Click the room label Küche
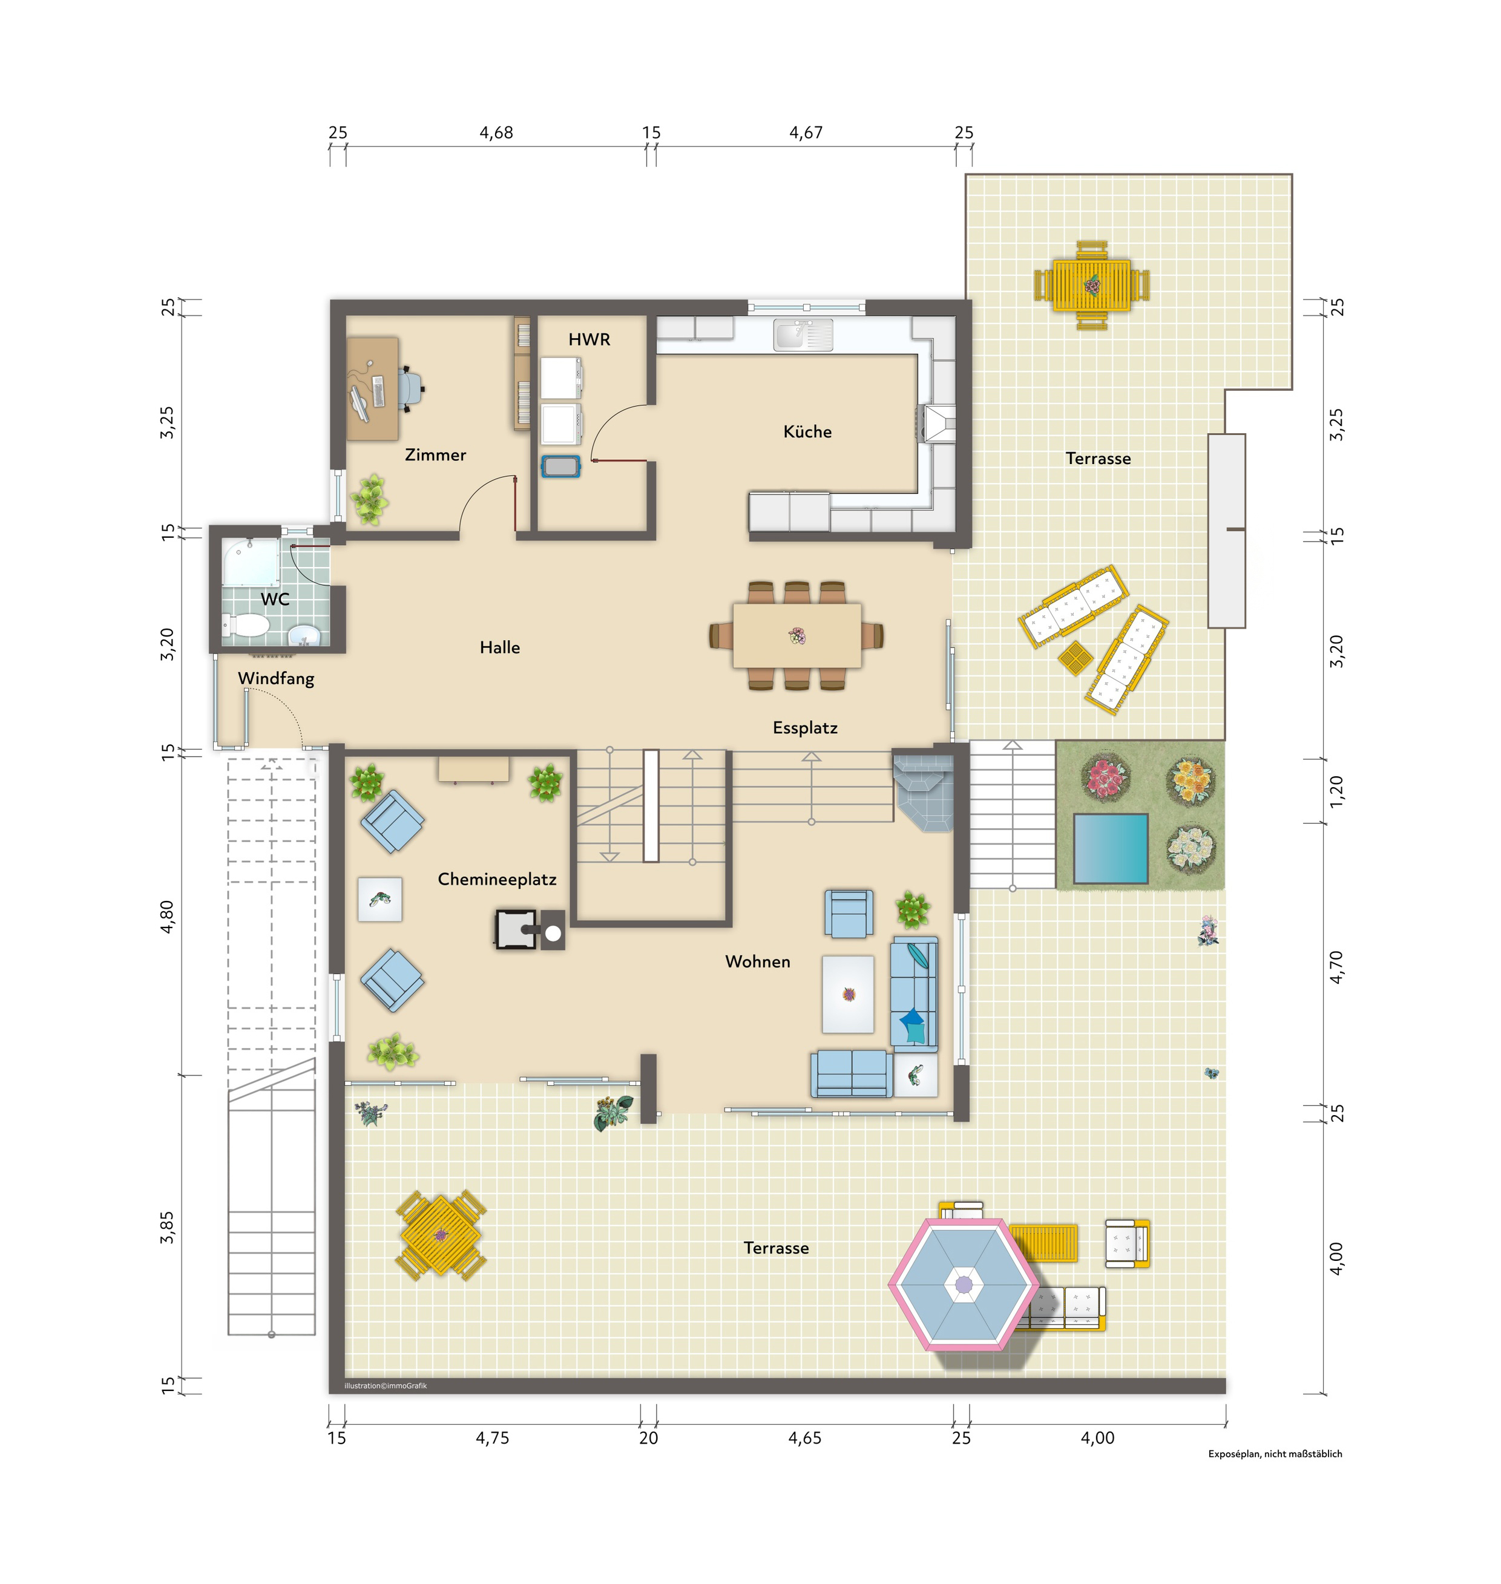(x=807, y=432)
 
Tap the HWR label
(x=589, y=339)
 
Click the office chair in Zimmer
(x=409, y=388)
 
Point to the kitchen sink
(x=803, y=335)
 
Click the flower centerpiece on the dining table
(x=797, y=636)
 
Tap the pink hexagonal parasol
(x=964, y=1284)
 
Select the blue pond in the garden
(x=1111, y=849)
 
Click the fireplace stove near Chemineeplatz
(x=516, y=929)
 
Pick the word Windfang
(x=276, y=678)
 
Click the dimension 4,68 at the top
(x=496, y=133)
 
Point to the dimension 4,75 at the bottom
(x=492, y=1438)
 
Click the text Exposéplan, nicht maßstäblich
(x=1275, y=1453)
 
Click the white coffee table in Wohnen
(x=848, y=993)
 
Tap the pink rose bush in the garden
(x=1106, y=777)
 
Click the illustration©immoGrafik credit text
(x=386, y=1386)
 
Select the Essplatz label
(x=805, y=728)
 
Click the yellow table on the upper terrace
(x=1091, y=286)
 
